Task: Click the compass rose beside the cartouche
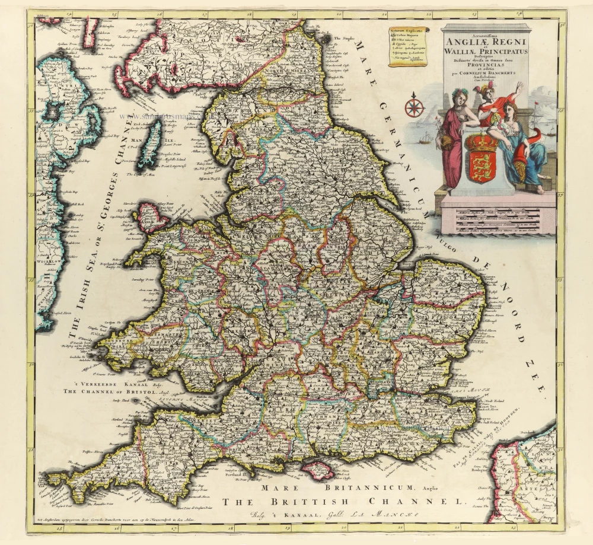click(414, 107)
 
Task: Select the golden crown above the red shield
click(482, 142)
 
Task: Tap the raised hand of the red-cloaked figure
click(520, 87)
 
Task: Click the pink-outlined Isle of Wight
click(318, 471)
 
